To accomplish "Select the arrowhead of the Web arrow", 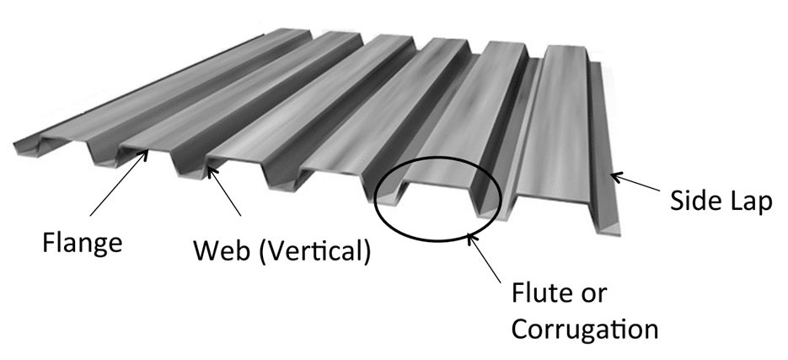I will [x=209, y=169].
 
